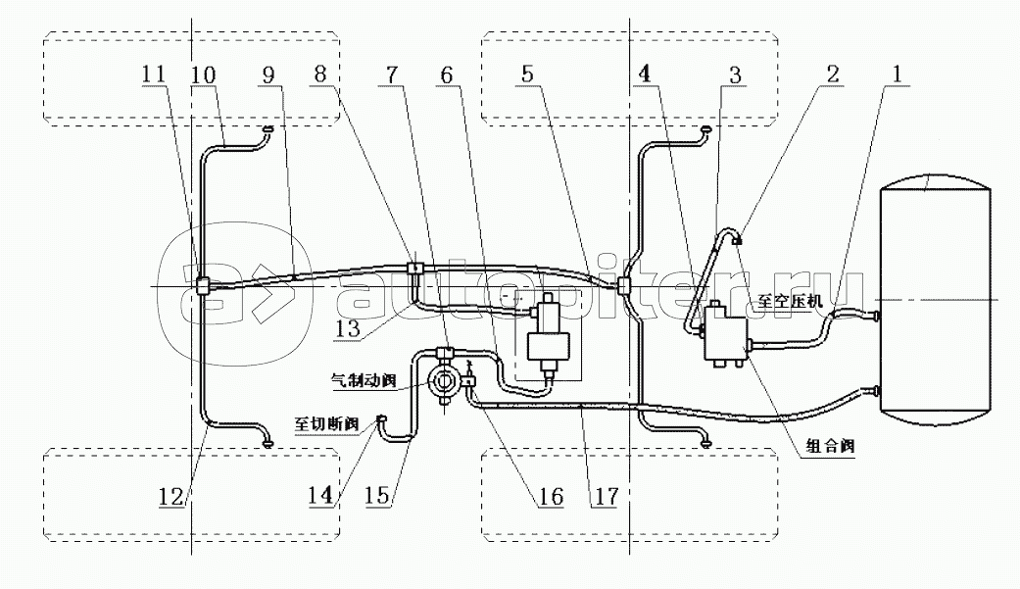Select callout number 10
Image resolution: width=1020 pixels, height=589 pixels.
(204, 74)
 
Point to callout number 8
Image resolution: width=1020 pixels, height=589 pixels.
(339, 74)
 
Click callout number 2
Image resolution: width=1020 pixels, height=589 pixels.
(833, 74)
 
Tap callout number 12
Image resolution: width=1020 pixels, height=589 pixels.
(170, 498)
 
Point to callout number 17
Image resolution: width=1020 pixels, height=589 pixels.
(605, 498)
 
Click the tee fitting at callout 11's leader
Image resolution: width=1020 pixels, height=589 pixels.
(201, 286)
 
